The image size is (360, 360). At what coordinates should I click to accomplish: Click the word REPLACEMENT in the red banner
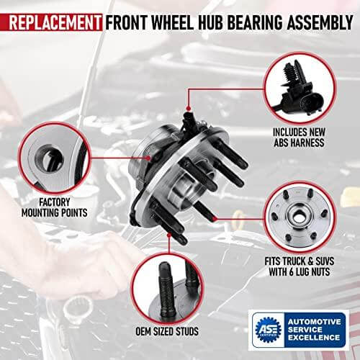coord(52,19)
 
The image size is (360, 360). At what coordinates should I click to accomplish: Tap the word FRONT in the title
coord(126,19)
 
